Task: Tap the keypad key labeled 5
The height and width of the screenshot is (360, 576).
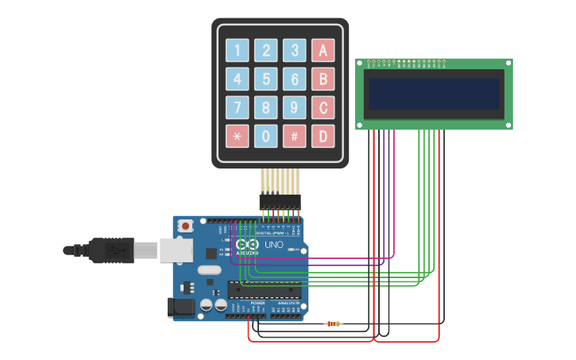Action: pyautogui.click(x=266, y=79)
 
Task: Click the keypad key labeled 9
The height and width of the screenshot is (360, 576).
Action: pyautogui.click(x=294, y=107)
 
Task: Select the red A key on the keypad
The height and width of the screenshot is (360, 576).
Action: pyautogui.click(x=323, y=51)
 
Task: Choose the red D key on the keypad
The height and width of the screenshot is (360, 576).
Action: pyautogui.click(x=323, y=136)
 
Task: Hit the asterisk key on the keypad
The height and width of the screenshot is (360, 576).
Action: pyautogui.click(x=238, y=136)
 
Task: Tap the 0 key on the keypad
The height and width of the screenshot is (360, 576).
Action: pyautogui.click(x=266, y=136)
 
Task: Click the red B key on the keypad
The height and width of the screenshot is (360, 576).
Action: pyautogui.click(x=323, y=79)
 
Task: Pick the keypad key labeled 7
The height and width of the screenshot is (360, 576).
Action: pyautogui.click(x=238, y=107)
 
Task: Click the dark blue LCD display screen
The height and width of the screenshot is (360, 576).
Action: pyautogui.click(x=433, y=94)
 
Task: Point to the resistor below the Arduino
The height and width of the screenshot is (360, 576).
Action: pyautogui.click(x=334, y=323)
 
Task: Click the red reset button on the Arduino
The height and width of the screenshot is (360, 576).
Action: pyautogui.click(x=186, y=226)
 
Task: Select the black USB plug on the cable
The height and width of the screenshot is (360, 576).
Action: pyautogui.click(x=111, y=250)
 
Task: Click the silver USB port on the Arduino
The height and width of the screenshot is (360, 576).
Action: pyautogui.click(x=176, y=250)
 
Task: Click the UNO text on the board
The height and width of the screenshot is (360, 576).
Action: pyautogui.click(x=273, y=245)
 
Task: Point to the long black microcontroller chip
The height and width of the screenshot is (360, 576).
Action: pyautogui.click(x=261, y=288)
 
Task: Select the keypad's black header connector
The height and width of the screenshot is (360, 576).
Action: pyautogui.click(x=280, y=202)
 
